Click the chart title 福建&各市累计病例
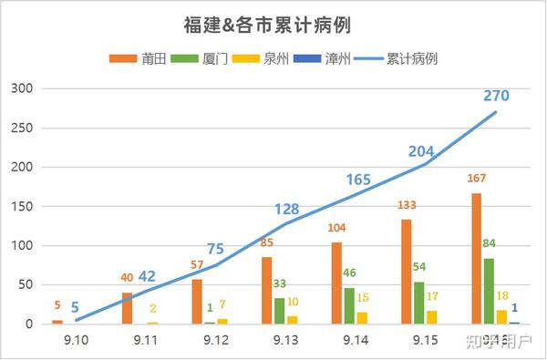click(x=273, y=25)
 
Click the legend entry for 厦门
click(x=200, y=58)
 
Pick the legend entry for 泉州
click(x=259, y=58)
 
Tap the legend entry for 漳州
click(x=317, y=58)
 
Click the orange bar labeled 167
click(x=477, y=258)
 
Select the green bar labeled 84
click(x=489, y=291)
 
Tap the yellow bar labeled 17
click(x=430, y=317)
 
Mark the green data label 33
click(x=280, y=283)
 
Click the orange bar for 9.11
click(x=127, y=308)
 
